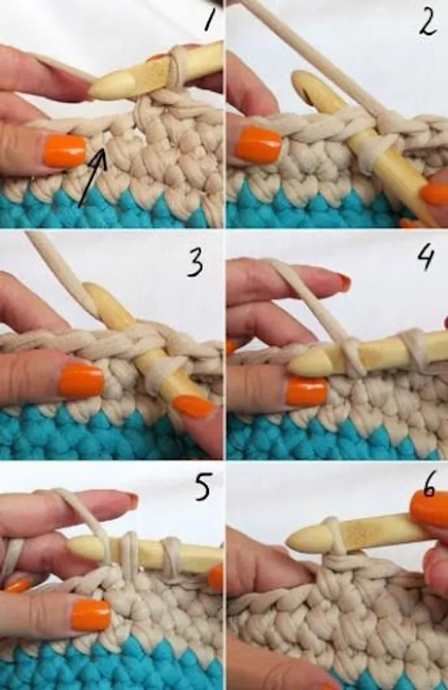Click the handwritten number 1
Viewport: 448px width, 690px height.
coord(210,19)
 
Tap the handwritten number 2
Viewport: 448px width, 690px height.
coord(427,23)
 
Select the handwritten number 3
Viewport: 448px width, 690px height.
coord(195,262)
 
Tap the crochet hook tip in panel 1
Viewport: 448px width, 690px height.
coord(91,93)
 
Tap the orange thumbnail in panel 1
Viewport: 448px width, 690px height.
coord(66,151)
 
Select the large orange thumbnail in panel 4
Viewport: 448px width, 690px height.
coord(307,391)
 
